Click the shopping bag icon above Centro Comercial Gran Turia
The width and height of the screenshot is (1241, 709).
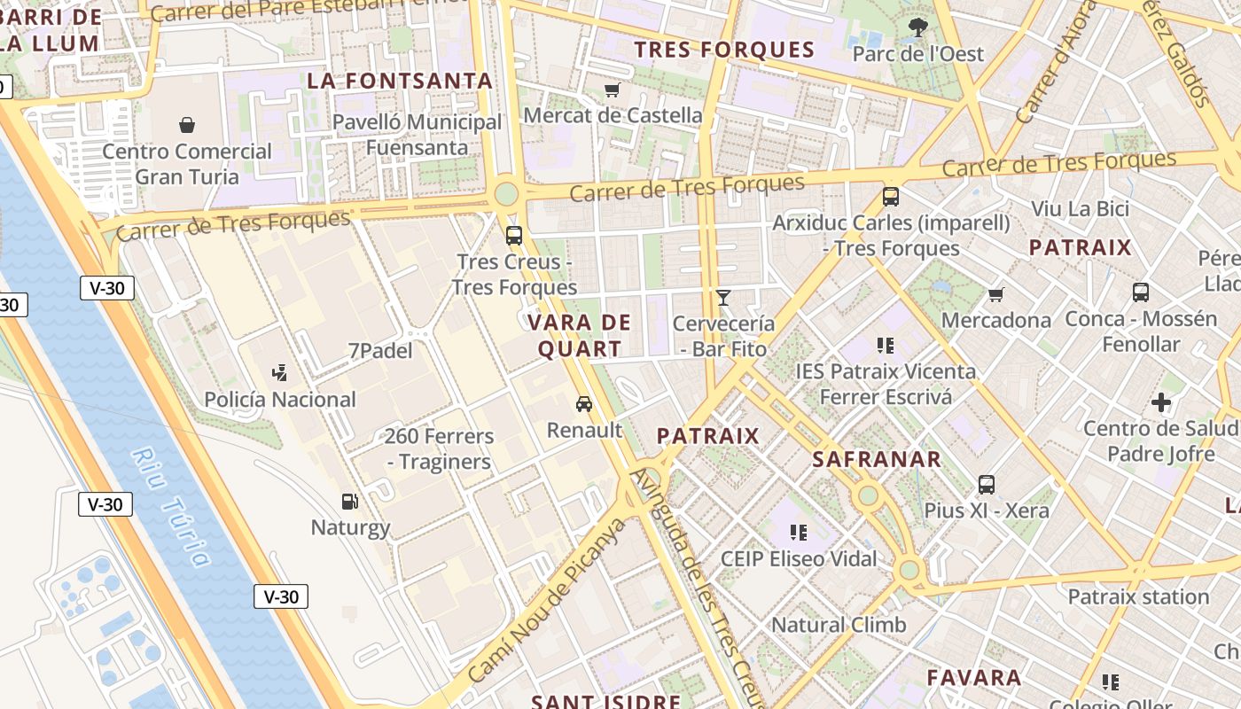point(187,125)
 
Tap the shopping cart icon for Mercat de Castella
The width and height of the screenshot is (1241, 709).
point(612,90)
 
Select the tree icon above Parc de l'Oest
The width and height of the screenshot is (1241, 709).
point(918,27)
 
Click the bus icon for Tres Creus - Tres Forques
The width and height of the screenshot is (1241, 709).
point(514,236)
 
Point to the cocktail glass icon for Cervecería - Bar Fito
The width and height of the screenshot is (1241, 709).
point(723,298)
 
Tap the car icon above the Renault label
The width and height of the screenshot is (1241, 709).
point(584,404)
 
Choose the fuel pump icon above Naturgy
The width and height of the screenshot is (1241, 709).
point(351,502)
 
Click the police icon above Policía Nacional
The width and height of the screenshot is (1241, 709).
point(280,373)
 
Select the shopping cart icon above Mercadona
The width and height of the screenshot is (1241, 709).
point(996,294)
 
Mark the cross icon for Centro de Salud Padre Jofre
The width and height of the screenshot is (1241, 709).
point(1161,403)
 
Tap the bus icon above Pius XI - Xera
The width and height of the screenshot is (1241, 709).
point(987,485)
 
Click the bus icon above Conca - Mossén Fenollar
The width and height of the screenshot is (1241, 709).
point(1141,292)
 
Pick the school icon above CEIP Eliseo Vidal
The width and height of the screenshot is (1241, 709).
point(799,533)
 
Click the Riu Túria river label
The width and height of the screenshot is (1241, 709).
point(172,506)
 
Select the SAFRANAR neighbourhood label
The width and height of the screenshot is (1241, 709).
point(877,459)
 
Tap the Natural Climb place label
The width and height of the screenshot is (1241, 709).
point(839,625)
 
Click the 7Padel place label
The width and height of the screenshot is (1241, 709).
point(380,351)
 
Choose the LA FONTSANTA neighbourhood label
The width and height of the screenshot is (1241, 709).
point(400,81)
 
